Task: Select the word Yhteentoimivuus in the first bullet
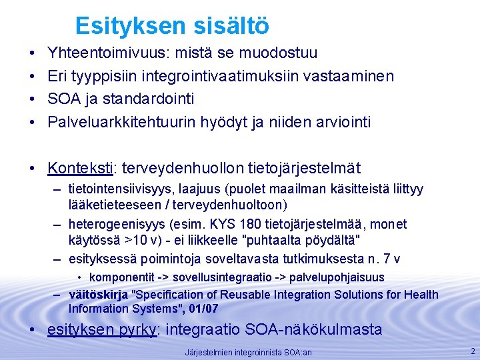(98, 53)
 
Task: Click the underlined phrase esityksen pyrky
(101, 329)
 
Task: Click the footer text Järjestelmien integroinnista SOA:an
(249, 352)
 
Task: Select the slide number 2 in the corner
(473, 351)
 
